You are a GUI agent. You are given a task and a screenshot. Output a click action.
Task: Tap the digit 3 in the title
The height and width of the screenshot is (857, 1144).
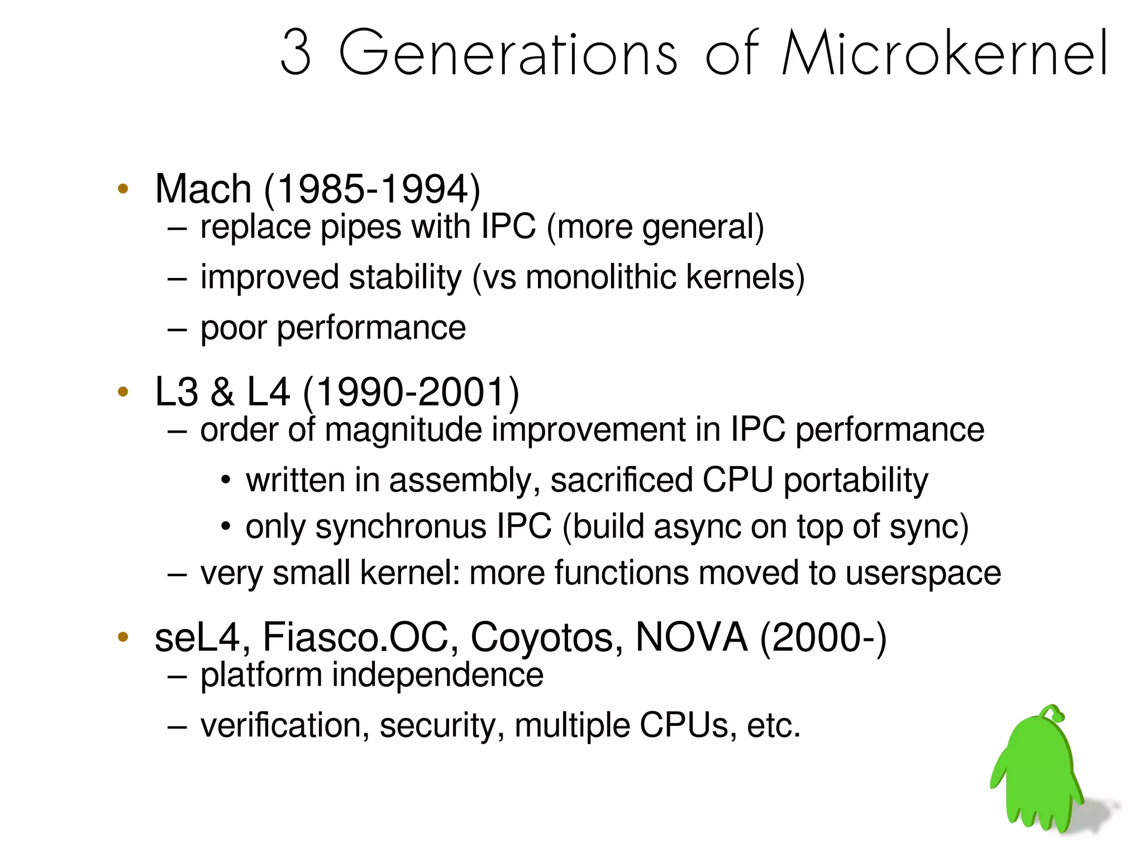tap(295, 53)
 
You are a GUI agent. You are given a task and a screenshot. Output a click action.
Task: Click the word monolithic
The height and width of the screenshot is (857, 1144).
tap(600, 277)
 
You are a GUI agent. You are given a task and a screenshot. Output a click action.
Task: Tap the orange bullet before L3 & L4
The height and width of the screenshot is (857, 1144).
tap(123, 391)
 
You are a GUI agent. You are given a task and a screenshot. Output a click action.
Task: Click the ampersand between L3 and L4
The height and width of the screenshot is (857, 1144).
tap(222, 391)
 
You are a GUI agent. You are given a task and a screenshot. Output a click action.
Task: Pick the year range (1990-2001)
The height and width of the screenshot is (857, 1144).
tap(411, 391)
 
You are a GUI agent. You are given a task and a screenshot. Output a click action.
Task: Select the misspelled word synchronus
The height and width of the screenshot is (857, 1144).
tap(401, 526)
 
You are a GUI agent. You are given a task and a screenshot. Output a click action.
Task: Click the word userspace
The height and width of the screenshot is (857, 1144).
tap(923, 573)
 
